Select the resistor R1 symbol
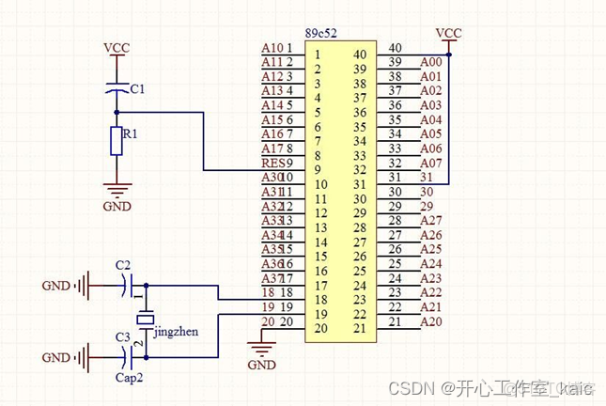pos(117,142)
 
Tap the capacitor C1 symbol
pos(117,90)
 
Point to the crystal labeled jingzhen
pos(144,320)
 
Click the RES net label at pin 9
pos(272,163)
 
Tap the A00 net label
pos(430,62)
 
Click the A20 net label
pos(430,322)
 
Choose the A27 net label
pos(430,221)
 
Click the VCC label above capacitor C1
pos(117,46)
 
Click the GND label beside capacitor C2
pos(55,285)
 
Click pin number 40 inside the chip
pos(358,54)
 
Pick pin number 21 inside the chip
pos(358,328)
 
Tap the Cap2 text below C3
pos(129,379)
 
